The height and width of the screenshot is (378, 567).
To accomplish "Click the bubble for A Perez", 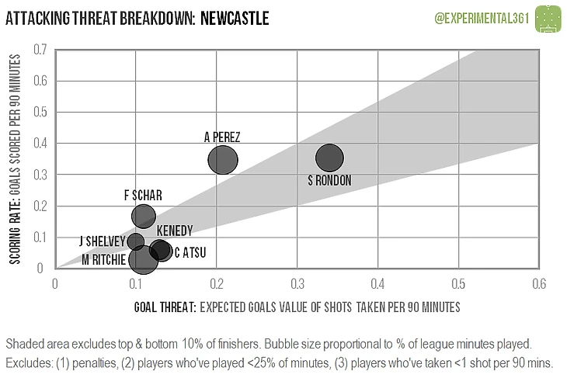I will pos(223,160).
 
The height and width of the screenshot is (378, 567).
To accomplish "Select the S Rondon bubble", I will pos(329,158).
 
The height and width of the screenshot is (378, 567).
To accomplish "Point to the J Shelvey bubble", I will pos(136,241).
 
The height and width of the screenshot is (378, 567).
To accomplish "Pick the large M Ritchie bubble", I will pos(143,259).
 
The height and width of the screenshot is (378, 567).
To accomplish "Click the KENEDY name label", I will pos(175,231).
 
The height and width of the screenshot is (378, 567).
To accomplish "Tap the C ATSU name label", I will pos(190,251).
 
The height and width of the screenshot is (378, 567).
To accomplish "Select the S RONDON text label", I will pos(329,181).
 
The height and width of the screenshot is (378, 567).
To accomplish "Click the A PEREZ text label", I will pos(222,137).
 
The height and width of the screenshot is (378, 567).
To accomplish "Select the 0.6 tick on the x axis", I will pos(537,284).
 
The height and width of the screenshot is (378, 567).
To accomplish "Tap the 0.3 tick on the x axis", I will pos(296,284).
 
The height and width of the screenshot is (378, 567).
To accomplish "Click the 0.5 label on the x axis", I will pos(457,284).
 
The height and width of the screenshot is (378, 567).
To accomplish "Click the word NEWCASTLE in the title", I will pos(234,16).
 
